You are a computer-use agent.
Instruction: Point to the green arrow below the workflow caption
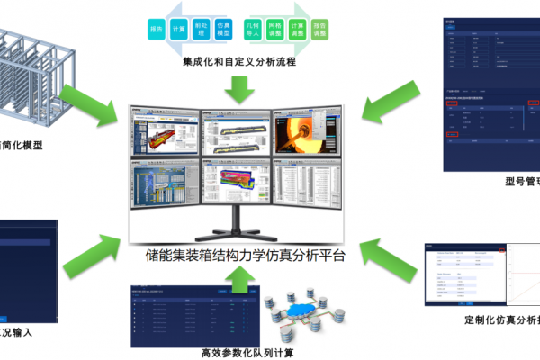click(238, 89)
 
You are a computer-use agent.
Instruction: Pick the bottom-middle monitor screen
click(236, 184)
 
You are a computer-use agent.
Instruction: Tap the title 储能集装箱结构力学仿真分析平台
click(244, 255)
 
